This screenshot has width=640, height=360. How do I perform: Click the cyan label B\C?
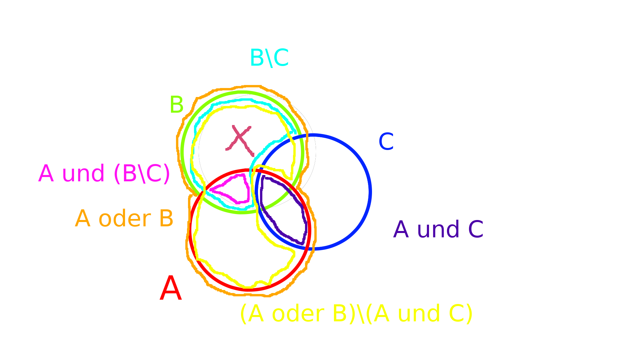point(269,58)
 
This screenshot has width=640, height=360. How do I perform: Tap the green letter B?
point(176,104)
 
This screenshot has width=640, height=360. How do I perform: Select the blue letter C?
point(386,141)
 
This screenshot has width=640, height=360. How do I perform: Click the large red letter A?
point(171,289)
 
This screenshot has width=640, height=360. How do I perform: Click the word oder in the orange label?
point(124,219)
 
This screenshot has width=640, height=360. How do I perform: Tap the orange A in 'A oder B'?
point(83,219)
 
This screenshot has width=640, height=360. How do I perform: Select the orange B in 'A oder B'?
point(166,219)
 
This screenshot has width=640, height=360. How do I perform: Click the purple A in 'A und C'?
point(401,229)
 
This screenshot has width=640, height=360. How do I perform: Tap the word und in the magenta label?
point(83,174)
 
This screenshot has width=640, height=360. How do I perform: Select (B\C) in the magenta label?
point(142,174)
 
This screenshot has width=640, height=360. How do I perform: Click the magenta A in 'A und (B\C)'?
point(46,174)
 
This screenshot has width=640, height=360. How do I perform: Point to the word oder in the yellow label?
point(298,314)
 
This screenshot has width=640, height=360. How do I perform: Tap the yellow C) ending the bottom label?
point(461,314)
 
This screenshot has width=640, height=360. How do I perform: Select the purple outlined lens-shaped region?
point(283,210)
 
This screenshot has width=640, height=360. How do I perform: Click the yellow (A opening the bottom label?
point(252,314)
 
